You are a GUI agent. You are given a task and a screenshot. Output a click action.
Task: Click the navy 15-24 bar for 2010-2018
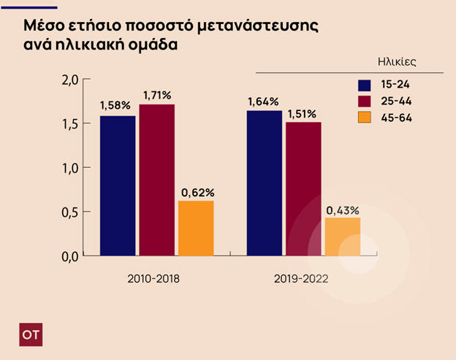[x=118, y=185]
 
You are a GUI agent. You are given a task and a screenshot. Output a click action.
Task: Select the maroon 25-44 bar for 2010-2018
[x=157, y=180]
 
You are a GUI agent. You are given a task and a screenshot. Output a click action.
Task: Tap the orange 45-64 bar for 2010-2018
[x=196, y=229]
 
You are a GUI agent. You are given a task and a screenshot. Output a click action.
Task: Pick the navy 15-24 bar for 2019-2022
[x=265, y=183]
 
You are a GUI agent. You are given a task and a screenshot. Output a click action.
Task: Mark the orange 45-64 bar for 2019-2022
[x=343, y=237]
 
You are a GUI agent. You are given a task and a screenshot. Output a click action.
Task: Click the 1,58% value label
[x=117, y=106]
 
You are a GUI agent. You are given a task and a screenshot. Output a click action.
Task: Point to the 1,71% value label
[x=156, y=95]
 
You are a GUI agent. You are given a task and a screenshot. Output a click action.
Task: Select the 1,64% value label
[x=264, y=102]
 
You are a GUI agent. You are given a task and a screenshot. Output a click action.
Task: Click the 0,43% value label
[x=342, y=210]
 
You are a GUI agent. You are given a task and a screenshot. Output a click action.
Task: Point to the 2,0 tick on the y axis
[x=69, y=80]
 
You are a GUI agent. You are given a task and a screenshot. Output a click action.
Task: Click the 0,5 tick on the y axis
[x=69, y=212]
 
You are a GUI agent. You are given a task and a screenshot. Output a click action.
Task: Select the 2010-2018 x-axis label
[x=153, y=279]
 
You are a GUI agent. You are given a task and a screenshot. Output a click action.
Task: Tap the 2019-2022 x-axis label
[x=301, y=279]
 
